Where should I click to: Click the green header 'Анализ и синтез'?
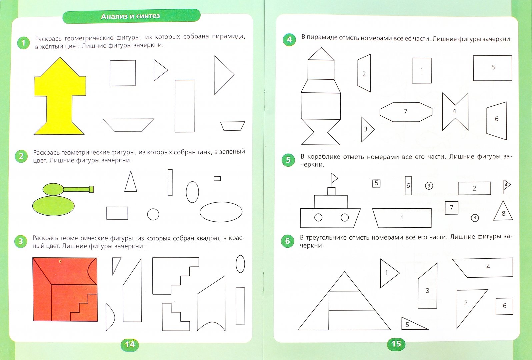(131, 16)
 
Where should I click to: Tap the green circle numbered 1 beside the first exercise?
(23, 43)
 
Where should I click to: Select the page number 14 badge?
(130, 344)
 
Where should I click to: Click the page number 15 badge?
(396, 344)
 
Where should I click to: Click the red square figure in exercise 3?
(65, 289)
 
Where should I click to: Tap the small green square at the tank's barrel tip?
(91, 189)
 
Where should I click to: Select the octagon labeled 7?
(406, 112)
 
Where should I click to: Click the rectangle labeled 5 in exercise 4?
(492, 68)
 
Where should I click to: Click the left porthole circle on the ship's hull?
(318, 217)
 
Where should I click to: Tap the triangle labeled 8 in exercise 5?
(503, 211)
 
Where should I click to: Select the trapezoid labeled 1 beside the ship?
(402, 218)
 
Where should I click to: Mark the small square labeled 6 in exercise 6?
(504, 306)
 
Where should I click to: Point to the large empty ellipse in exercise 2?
(221, 212)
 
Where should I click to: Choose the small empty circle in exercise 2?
(153, 214)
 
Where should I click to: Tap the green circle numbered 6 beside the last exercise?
(287, 241)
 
